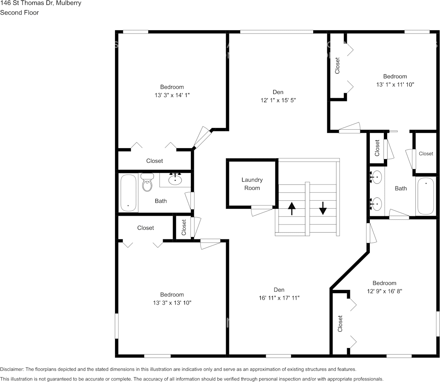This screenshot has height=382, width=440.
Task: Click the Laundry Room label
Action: click(x=252, y=184)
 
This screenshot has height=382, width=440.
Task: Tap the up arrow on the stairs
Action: click(x=291, y=209)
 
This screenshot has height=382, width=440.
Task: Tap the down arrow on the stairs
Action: click(x=323, y=209)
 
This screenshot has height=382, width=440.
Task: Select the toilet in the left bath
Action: click(x=147, y=183)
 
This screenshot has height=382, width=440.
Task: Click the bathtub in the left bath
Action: click(x=128, y=193)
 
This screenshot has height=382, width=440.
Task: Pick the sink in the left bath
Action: click(x=175, y=180)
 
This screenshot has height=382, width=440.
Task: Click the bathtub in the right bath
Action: click(x=425, y=196)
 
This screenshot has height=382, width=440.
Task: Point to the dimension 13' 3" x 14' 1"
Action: click(x=172, y=95)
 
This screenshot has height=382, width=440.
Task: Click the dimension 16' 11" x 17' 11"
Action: click(x=279, y=298)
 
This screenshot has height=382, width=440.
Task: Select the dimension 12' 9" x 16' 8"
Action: click(x=384, y=291)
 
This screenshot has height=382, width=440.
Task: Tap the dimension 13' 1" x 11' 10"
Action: click(x=395, y=84)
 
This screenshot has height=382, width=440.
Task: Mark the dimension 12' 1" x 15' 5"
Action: click(x=279, y=100)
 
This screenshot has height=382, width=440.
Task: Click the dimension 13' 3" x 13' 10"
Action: click(x=172, y=302)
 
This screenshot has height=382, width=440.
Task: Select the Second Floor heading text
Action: click(x=19, y=13)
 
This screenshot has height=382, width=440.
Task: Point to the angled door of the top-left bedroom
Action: click(x=202, y=137)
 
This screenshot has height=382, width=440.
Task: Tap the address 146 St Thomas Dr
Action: click(x=26, y=3)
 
